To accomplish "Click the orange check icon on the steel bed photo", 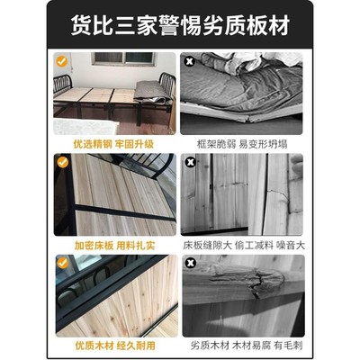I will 62,61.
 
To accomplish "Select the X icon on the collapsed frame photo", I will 191,61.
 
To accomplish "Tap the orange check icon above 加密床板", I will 62,164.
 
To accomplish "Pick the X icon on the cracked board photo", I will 191,164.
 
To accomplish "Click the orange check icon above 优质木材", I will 62,265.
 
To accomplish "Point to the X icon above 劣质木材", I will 191,265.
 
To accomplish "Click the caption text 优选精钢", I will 92,141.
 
